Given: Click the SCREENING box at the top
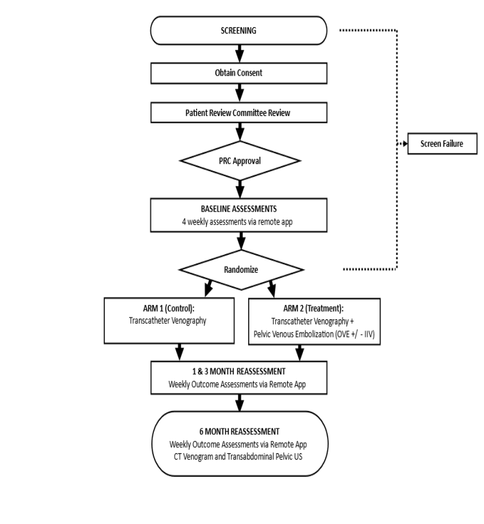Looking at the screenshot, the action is [x=238, y=30].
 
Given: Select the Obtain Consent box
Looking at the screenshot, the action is [x=238, y=73].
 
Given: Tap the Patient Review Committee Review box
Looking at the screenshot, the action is [x=238, y=113].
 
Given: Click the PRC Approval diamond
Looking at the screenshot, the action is [x=240, y=161].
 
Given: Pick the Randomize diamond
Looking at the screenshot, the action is [x=241, y=270].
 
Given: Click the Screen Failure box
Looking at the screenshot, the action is [x=442, y=144].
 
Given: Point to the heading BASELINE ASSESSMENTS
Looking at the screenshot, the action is [x=238, y=209].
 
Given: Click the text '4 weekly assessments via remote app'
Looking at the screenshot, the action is [x=237, y=221].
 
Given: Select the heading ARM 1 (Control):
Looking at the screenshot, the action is [x=169, y=308].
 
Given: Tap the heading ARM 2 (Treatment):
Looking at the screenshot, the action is [x=313, y=308].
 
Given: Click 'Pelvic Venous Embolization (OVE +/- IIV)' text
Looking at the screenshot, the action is [x=314, y=334].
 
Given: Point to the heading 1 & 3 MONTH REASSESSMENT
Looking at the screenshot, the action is [x=239, y=371].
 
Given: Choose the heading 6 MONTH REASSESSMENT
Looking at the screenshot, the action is [x=240, y=432].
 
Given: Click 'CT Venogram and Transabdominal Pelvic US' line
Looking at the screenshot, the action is [x=238, y=456].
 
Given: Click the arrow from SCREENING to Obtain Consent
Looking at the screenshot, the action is [x=240, y=53].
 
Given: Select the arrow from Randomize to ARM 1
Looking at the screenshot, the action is [x=208, y=288].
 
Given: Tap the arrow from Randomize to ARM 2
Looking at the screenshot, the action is [x=272, y=289].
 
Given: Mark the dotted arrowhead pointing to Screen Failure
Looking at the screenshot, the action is [x=405, y=144].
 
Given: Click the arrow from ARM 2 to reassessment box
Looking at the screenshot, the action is [x=300, y=353].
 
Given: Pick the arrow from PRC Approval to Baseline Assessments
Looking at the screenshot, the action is [x=240, y=190].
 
